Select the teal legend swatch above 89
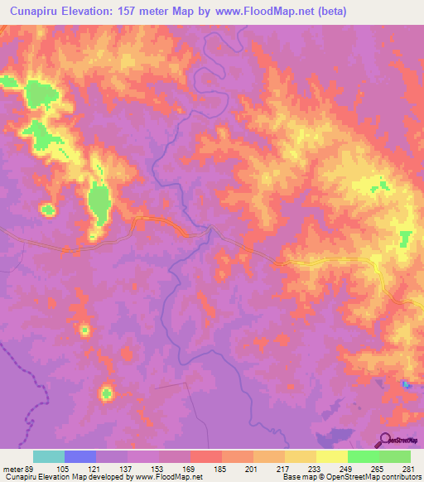click(x=49, y=456)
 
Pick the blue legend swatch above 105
click(x=80, y=456)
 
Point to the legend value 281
click(x=410, y=468)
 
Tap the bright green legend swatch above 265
click(x=364, y=456)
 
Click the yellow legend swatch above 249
click(x=332, y=456)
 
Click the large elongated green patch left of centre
click(x=99, y=202)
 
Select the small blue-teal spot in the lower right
click(x=405, y=384)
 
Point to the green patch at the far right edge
click(x=405, y=239)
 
